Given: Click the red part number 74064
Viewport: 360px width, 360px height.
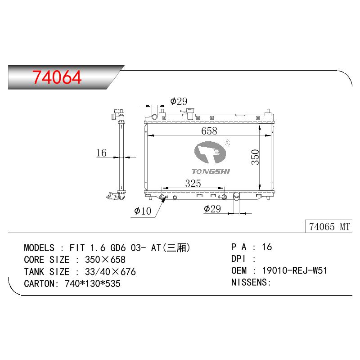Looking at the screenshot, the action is [57, 77].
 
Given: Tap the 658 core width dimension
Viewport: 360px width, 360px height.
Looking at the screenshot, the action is [209, 131].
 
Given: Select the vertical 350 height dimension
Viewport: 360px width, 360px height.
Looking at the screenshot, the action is [255, 157].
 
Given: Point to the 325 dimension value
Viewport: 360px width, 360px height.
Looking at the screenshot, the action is [193, 183].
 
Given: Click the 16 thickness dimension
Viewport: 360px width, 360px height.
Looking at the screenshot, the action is [102, 153].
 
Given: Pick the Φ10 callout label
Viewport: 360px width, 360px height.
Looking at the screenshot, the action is [143, 211].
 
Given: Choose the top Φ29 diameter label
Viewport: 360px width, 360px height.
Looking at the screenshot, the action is [179, 101].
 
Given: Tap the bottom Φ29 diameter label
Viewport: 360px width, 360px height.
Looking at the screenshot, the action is [212, 209].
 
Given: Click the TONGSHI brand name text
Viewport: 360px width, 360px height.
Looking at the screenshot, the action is [211, 171].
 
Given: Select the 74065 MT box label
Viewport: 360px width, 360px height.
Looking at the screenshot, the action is [329, 227].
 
